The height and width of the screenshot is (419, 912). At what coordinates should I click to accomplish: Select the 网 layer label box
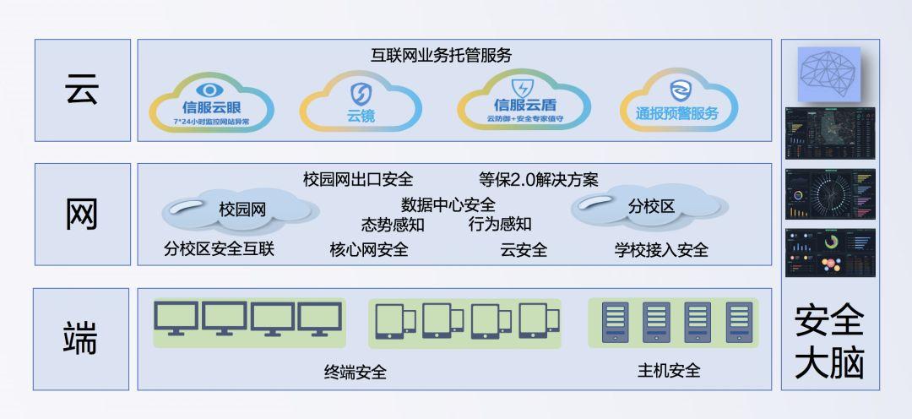(83, 214)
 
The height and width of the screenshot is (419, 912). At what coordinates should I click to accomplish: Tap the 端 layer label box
(82, 338)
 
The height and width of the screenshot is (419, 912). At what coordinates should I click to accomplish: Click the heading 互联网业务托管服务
(442, 56)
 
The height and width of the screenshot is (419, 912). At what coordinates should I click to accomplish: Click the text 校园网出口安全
(358, 179)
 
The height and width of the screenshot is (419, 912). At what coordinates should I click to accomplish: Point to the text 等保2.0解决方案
(538, 179)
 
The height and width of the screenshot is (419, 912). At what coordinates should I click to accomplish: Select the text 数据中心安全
(448, 204)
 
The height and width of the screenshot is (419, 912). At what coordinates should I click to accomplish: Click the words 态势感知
(393, 224)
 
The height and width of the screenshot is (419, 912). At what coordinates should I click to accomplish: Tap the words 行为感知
(500, 224)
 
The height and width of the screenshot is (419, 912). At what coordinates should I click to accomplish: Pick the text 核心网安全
(369, 249)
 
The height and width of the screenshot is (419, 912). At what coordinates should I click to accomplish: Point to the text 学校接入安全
(661, 249)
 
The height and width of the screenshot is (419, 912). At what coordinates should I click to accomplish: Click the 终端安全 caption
(356, 372)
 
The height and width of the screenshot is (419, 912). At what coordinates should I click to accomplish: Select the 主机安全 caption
(669, 370)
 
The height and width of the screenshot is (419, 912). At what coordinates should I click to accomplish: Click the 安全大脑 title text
(829, 342)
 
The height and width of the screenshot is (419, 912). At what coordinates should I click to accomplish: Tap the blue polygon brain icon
(829, 73)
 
